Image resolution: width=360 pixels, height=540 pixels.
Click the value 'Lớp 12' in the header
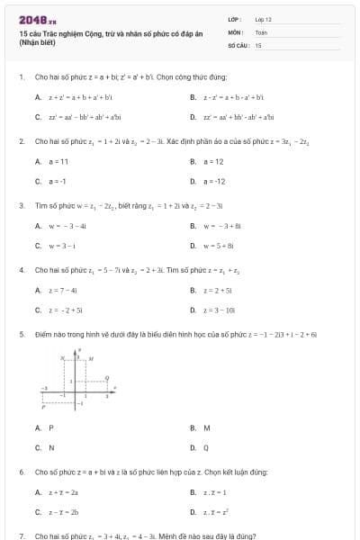[x=263, y=18]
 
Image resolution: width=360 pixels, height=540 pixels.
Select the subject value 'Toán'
[x=261, y=31]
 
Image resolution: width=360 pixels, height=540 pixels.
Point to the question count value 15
[x=258, y=43]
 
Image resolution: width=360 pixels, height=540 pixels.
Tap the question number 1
[x=21, y=77]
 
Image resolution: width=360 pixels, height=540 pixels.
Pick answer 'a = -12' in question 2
[x=216, y=181]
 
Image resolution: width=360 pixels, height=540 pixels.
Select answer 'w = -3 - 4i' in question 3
[x=67, y=226]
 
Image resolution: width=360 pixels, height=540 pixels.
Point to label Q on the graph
[x=107, y=378]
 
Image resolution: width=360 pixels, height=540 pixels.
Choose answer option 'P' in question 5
[x=51, y=427]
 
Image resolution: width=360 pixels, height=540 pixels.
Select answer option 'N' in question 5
[x=51, y=446]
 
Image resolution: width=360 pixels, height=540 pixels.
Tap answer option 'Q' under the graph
[x=206, y=446]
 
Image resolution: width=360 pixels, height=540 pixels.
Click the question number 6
[x=21, y=472]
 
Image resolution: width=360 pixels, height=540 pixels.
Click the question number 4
[x=21, y=270]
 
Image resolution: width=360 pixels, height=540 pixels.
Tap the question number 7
[x=21, y=535]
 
